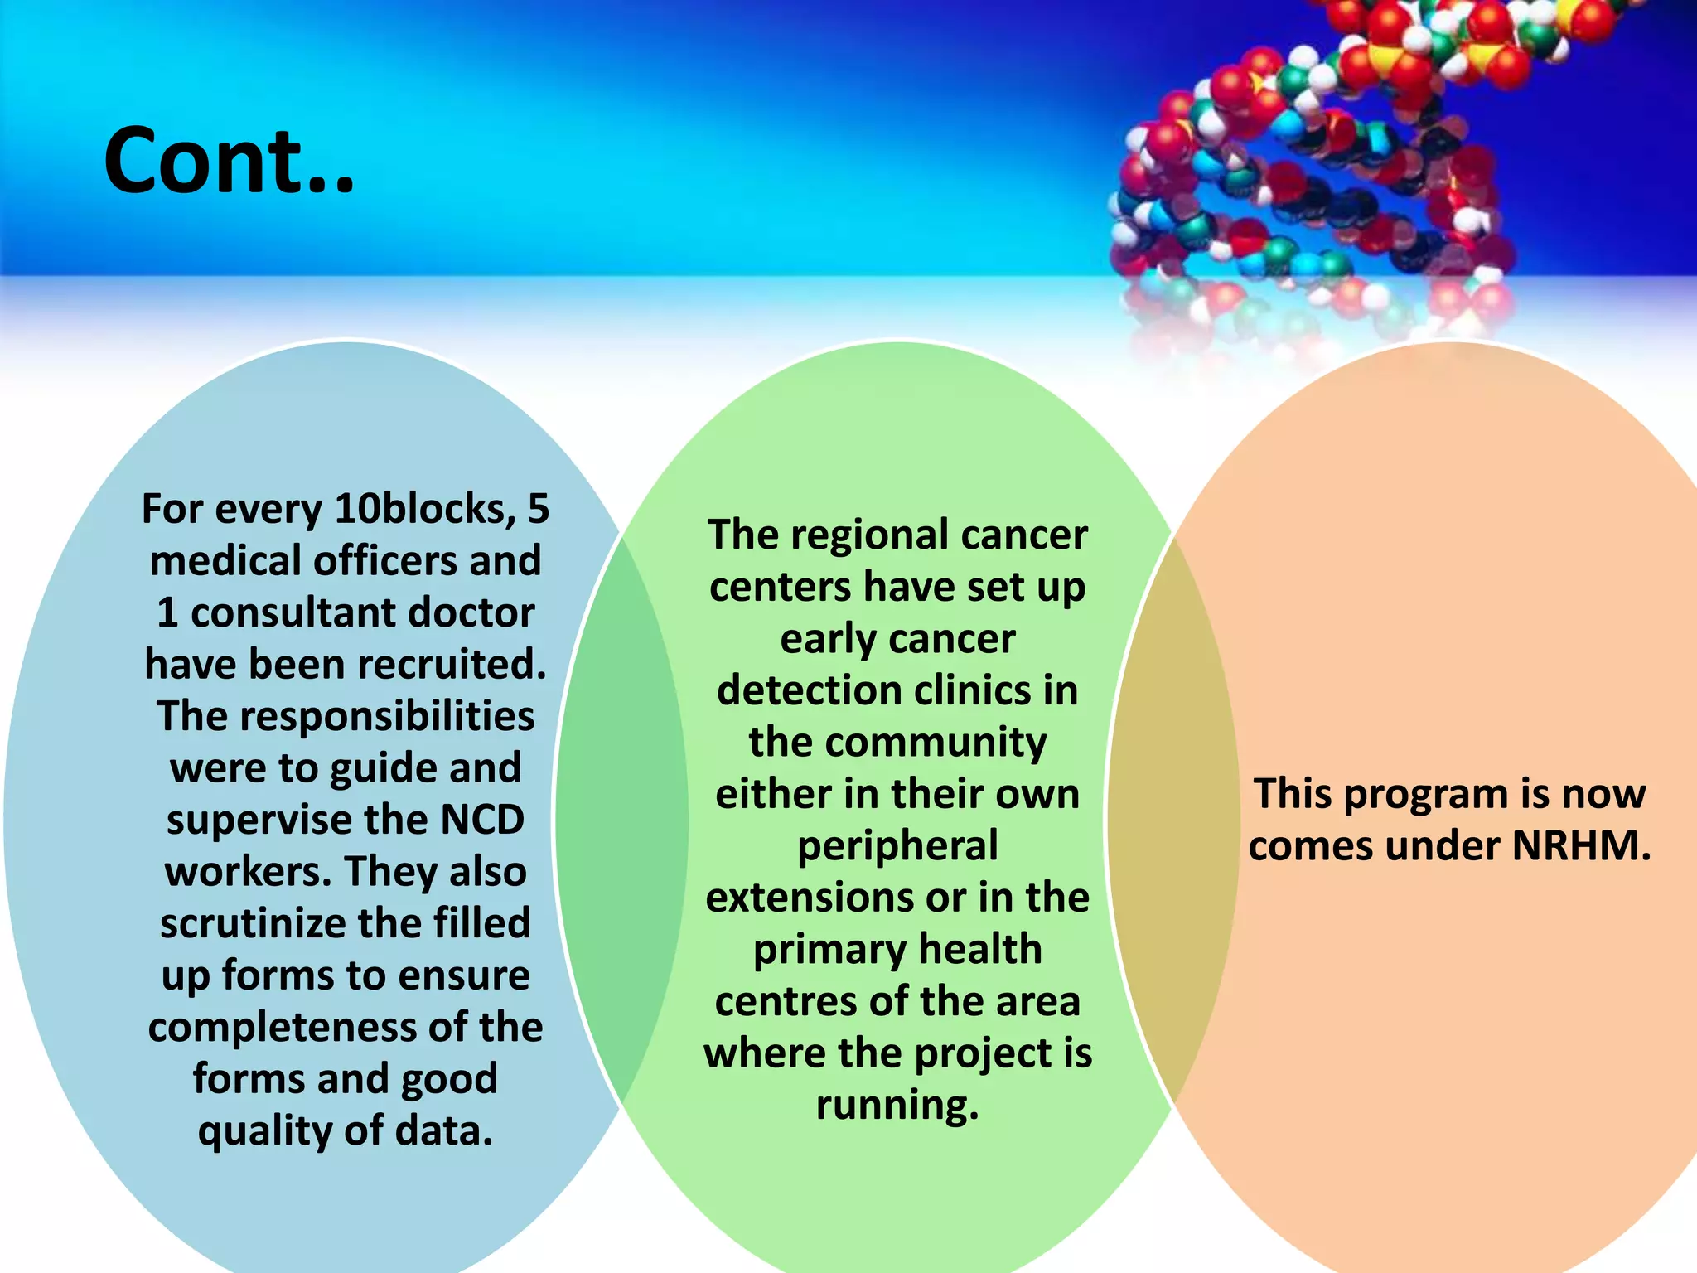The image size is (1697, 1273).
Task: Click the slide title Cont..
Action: click(229, 161)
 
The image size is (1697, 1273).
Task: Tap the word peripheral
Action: click(897, 846)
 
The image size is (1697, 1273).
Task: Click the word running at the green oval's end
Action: click(897, 1106)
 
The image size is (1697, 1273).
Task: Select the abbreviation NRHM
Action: click(1580, 846)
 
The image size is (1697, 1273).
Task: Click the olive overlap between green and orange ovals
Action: click(1172, 820)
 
